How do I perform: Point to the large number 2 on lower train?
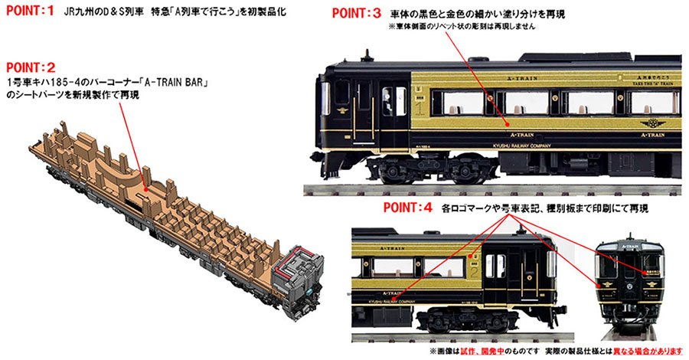(475, 273)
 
